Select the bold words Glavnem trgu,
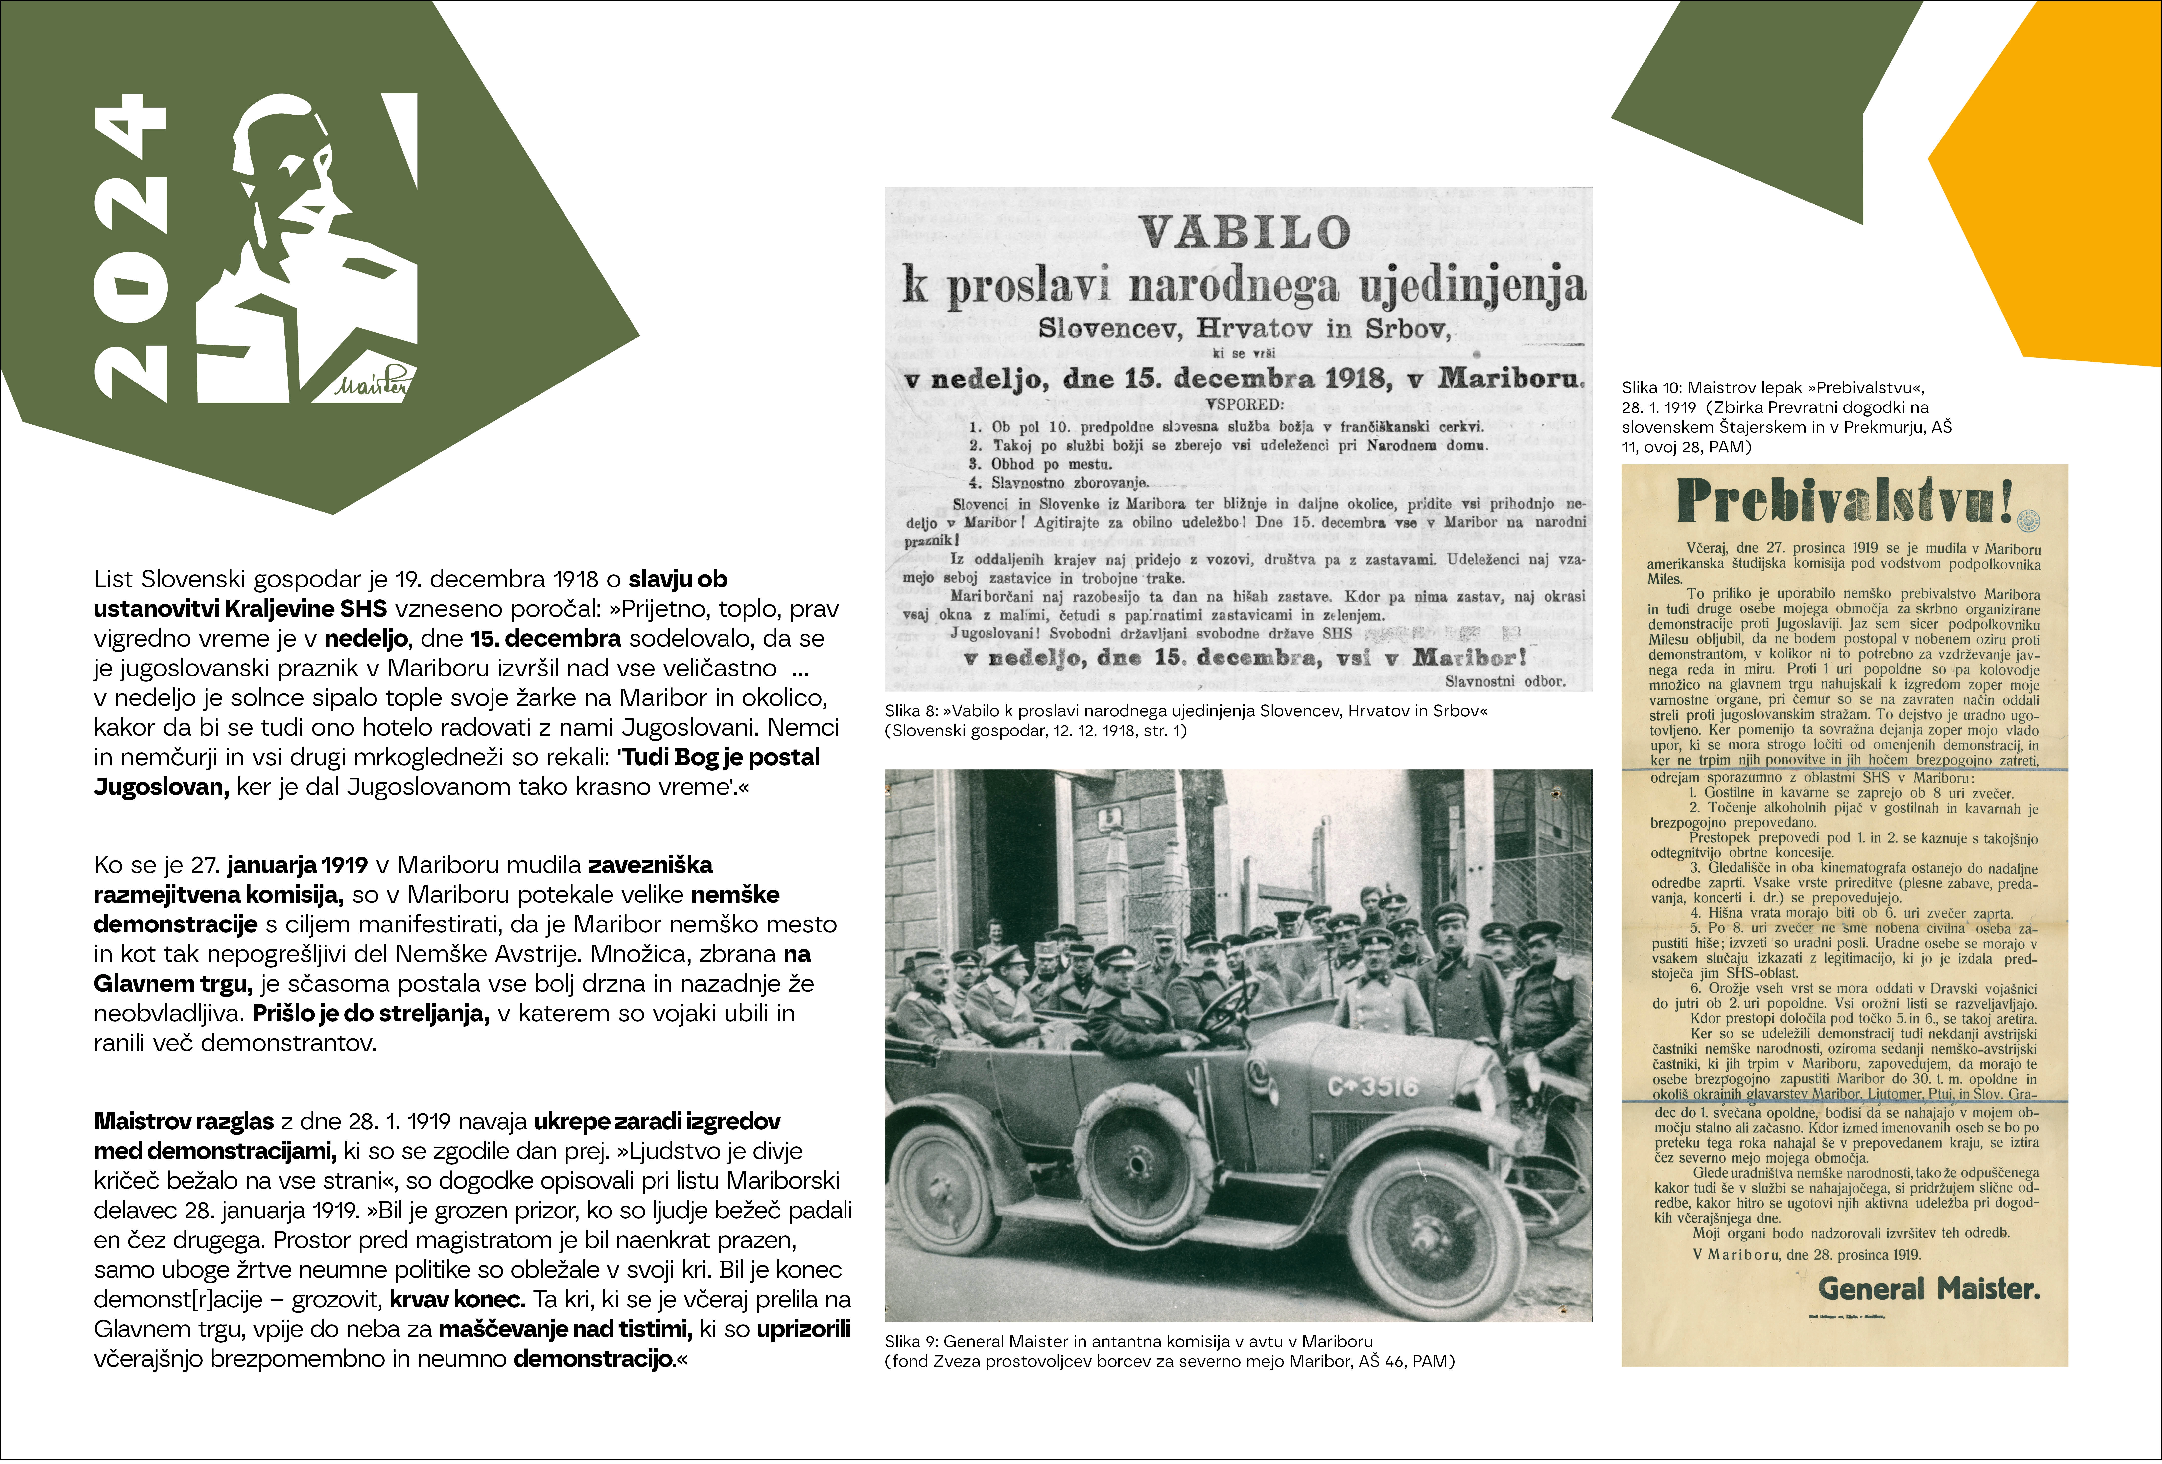(x=172, y=984)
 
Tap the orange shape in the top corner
(x=2065, y=186)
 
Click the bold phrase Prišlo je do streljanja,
(x=371, y=1014)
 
